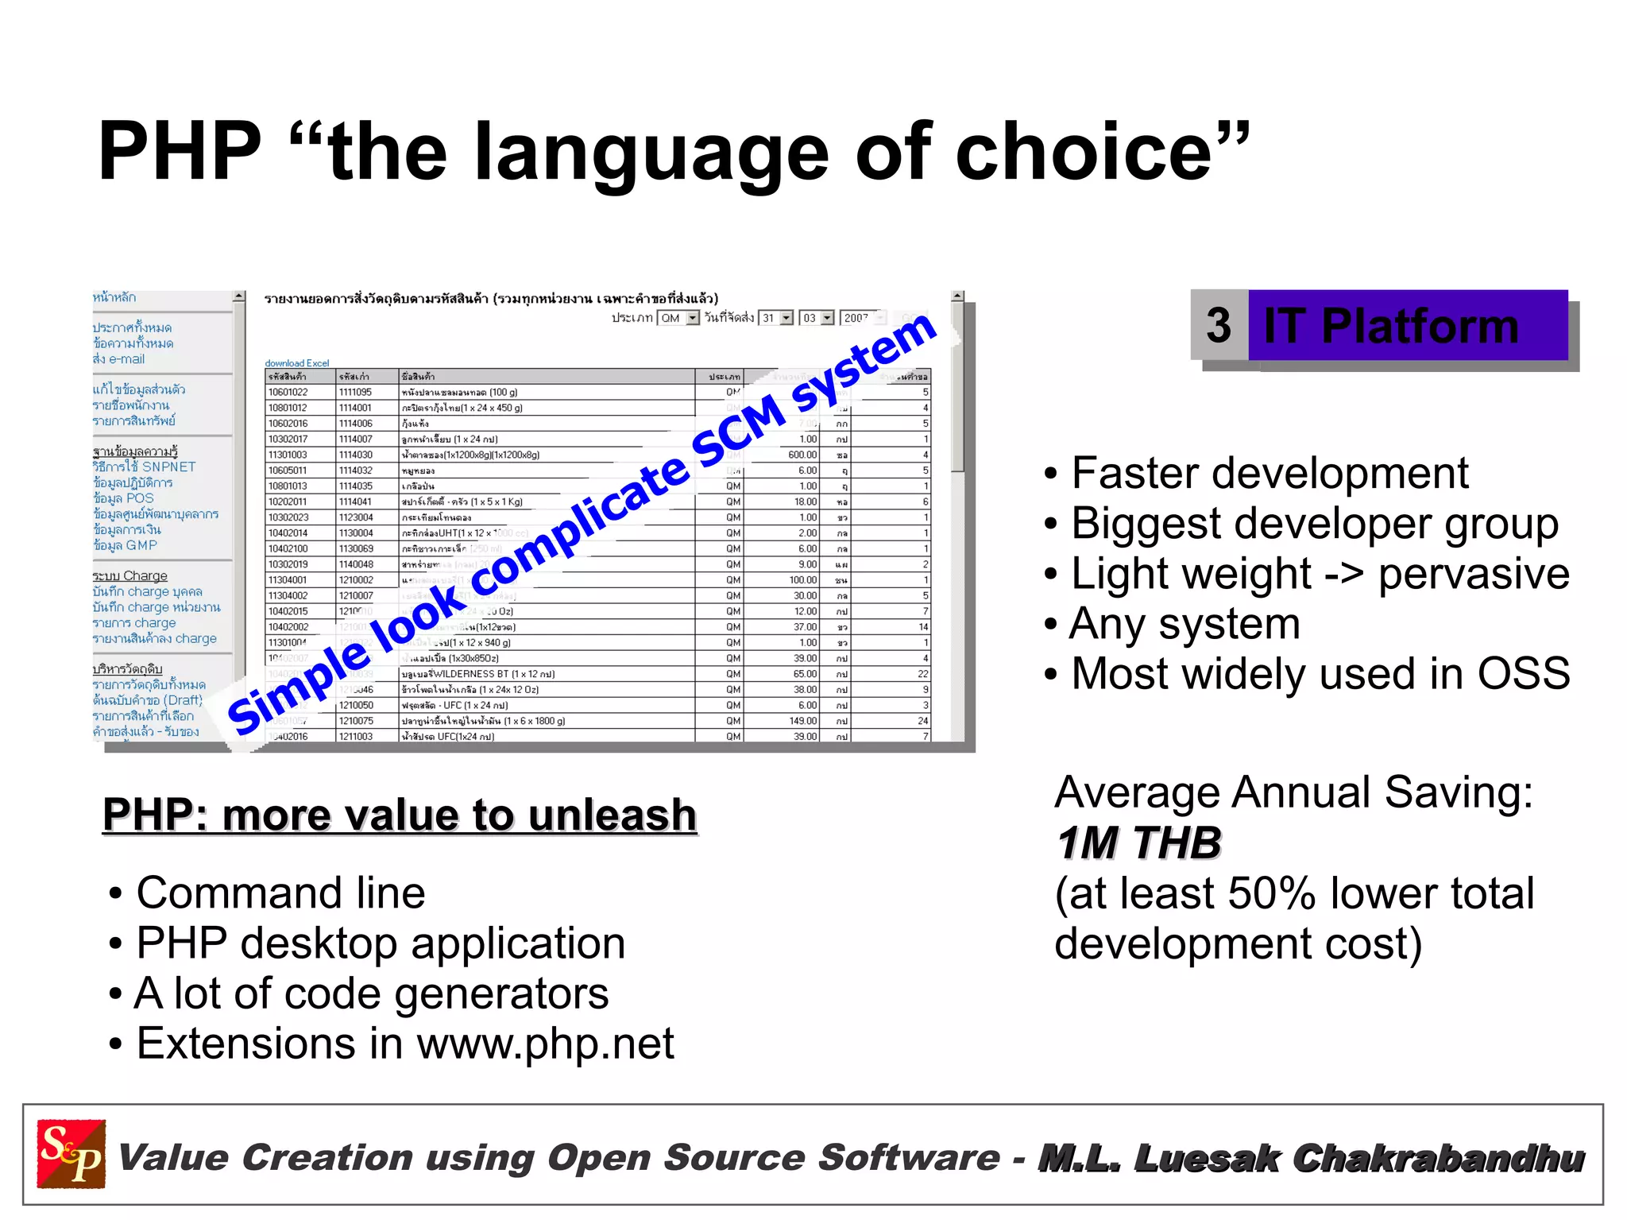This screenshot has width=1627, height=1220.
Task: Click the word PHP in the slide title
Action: point(180,152)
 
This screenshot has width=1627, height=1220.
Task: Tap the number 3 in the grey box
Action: point(1218,325)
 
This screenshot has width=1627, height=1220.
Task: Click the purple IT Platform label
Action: point(1391,326)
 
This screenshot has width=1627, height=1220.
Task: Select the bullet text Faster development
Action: point(1270,474)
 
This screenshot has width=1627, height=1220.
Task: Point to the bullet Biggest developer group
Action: point(1314,524)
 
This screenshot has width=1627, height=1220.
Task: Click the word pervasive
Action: point(1474,574)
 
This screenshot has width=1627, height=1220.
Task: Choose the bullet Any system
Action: point(1185,624)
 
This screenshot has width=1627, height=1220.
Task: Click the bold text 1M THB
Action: point(1138,842)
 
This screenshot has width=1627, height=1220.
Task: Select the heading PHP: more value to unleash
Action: point(400,815)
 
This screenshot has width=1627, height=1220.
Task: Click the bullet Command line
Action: point(280,893)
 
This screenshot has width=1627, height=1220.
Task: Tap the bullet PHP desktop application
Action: point(381,943)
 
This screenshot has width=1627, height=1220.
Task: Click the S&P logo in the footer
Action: point(71,1154)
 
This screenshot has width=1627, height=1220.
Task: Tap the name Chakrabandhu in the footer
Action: point(1438,1158)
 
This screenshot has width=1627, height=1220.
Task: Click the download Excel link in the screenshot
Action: point(296,363)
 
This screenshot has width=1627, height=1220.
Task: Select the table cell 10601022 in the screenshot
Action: point(288,392)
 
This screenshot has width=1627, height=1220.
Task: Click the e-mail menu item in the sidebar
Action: point(118,359)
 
